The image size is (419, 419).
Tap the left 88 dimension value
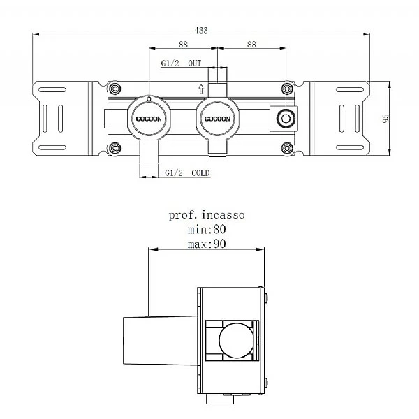tap(183, 44)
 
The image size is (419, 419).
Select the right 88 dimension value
tap(252, 44)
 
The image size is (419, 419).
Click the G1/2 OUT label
tap(181, 63)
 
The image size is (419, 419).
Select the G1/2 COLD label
tap(187, 172)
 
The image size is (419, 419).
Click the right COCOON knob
tap(216, 119)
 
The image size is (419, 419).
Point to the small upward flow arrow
tap(201, 89)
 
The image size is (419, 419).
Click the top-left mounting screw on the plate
tap(115, 89)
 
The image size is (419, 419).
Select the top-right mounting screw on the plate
tap(286, 89)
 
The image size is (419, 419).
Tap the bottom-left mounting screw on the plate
tap(115, 147)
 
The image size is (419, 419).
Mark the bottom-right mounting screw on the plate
tap(286, 147)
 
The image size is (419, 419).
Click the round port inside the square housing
tap(284, 119)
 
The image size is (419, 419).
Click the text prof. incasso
tap(207, 216)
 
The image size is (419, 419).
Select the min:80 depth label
tap(207, 229)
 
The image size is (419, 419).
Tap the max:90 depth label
tap(207, 243)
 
